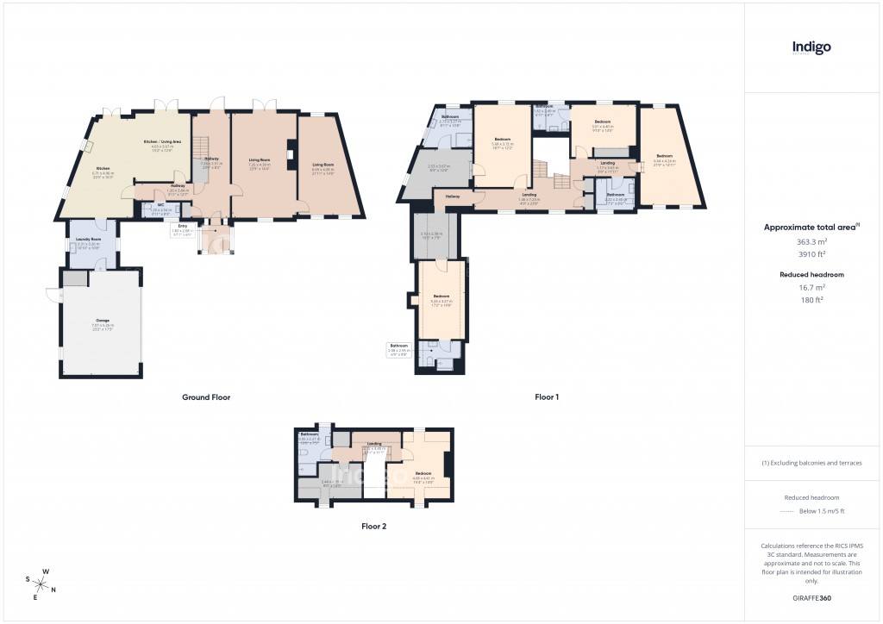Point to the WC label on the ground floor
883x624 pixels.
pos(160,206)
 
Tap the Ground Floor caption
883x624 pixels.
pos(206,397)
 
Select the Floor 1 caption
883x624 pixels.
pos(547,397)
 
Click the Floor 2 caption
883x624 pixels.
pos(374,526)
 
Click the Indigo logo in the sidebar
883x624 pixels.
pos(811,48)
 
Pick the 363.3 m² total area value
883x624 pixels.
pos(811,242)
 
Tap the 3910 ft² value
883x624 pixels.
pos(811,254)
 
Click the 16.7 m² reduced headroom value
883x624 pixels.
pos(811,287)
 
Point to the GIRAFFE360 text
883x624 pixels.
pos(811,597)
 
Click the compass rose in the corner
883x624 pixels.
pos(42,583)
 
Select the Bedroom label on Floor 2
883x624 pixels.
pos(423,473)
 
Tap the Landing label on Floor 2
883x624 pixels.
pos(373,445)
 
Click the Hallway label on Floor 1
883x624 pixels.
pos(453,197)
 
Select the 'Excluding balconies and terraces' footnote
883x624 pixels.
pos(811,463)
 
